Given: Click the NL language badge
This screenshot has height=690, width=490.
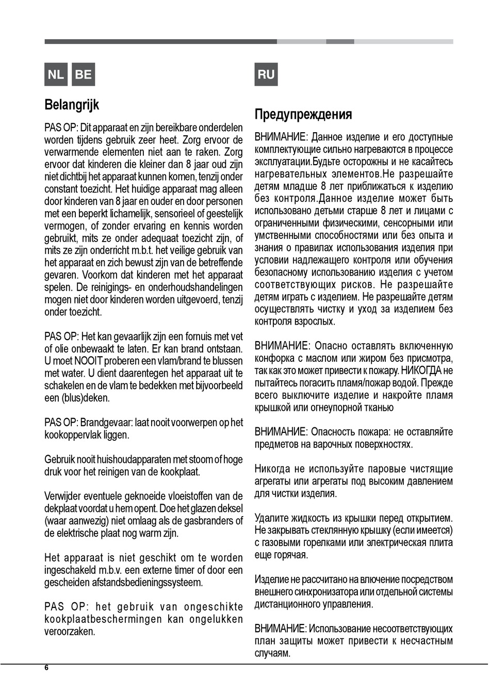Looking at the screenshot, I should tap(56, 74).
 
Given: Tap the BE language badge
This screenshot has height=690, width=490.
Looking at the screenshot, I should tap(83, 74).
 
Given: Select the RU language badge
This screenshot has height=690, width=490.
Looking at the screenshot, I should tap(266, 74).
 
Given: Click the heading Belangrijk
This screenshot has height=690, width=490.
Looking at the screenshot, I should tap(72, 105).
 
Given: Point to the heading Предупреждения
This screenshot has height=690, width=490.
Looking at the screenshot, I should tap(303, 115).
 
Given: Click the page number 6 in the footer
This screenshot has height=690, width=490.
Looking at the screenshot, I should tap(46, 668).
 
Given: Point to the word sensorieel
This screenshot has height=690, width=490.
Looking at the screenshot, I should tap(175, 214).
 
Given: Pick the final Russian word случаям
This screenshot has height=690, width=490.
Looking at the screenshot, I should tap(272, 653).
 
